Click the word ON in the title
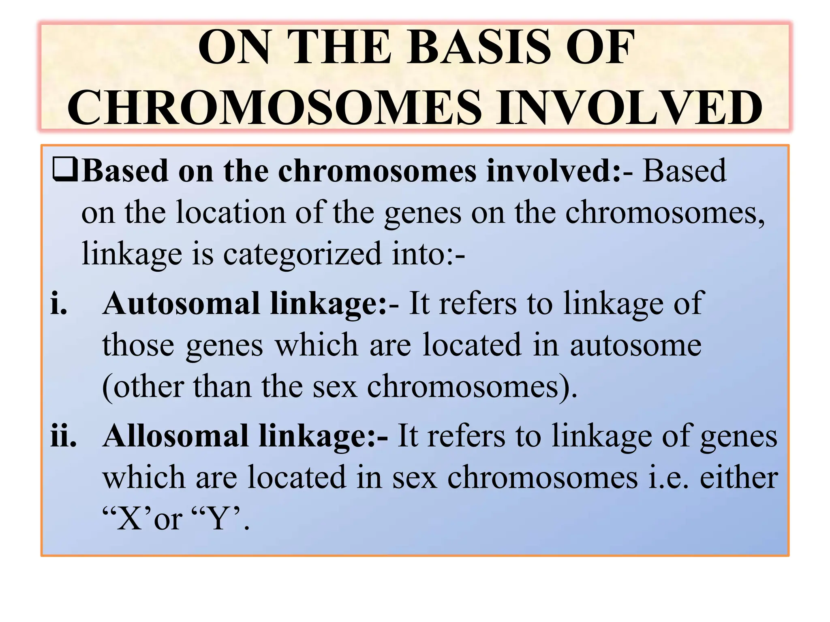(x=234, y=47)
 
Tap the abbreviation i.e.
(x=668, y=478)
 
